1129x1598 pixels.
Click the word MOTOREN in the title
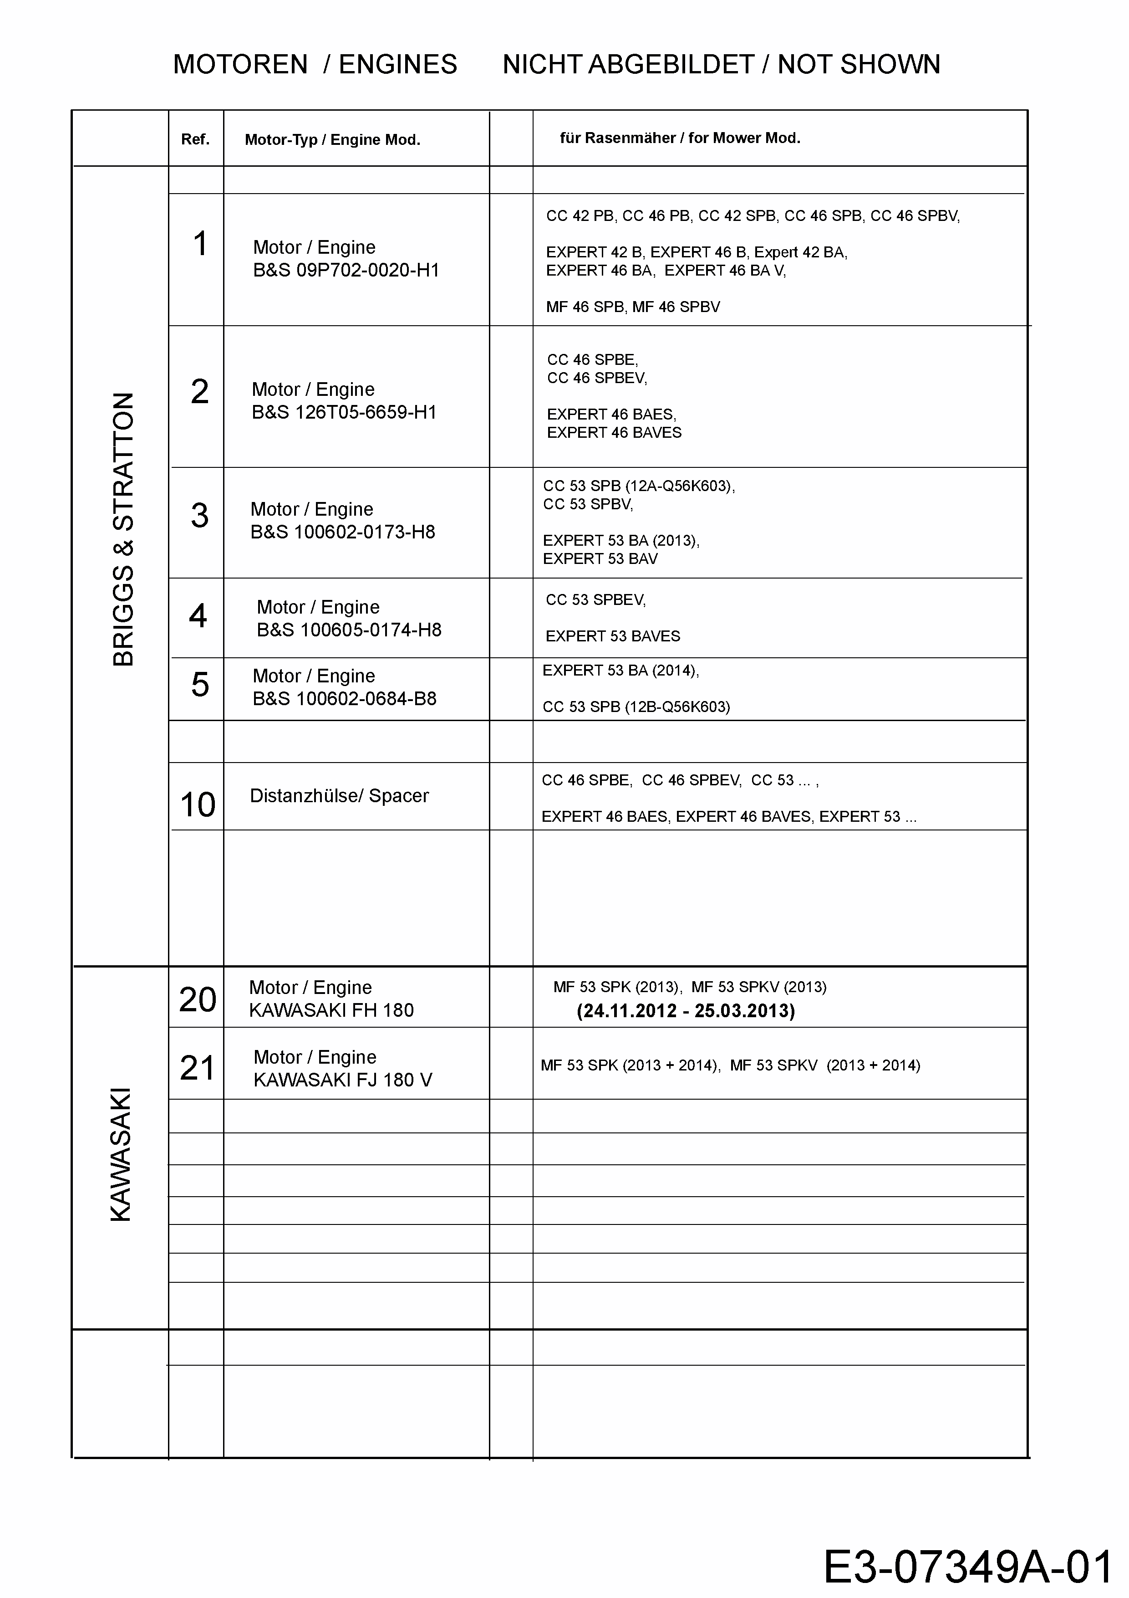240,65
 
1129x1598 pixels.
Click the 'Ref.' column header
195,139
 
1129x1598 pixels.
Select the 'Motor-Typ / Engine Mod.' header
332,140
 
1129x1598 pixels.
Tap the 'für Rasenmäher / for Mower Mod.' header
680,138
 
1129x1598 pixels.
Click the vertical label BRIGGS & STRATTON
123,529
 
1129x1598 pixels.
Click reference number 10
198,804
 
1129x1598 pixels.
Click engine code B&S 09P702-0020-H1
346,270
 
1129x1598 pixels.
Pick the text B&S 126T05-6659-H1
344,412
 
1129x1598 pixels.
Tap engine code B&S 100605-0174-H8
349,630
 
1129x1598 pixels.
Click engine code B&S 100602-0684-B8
344,699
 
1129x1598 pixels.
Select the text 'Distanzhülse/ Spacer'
339,795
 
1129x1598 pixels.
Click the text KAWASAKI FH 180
331,1010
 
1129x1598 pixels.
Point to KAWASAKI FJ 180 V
342,1080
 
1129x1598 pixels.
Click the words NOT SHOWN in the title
859,65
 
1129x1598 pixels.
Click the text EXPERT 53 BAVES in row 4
612,636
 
